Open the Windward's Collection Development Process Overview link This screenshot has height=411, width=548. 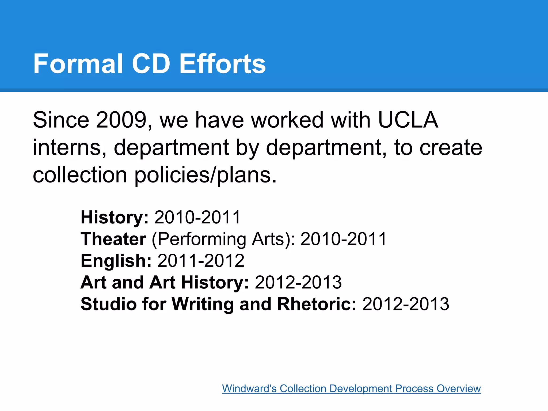point(351,388)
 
